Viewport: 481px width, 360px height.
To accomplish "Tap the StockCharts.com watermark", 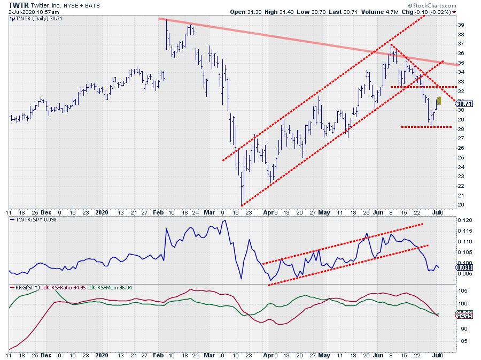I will point(453,4).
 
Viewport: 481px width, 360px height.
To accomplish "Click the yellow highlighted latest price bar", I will point(439,101).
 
